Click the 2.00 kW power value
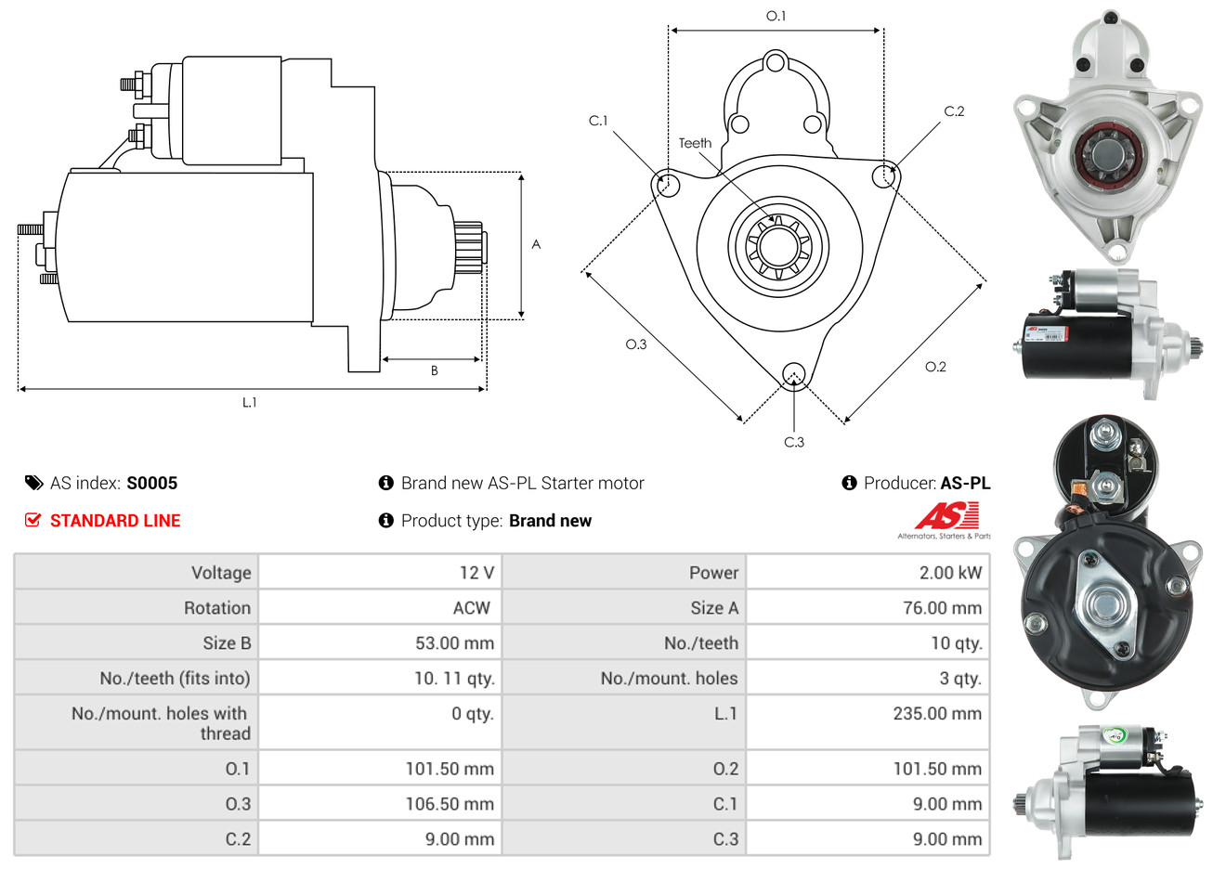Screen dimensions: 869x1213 (950, 573)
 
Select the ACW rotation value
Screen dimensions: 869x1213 (471, 608)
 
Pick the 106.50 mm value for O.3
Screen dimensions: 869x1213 (450, 804)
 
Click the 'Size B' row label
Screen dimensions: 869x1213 (227, 643)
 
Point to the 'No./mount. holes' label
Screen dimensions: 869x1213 (669, 679)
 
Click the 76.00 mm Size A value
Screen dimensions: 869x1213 (942, 608)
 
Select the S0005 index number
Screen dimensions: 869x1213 (151, 483)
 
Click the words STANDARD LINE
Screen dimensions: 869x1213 (115, 521)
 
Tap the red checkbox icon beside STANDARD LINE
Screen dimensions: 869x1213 (33, 520)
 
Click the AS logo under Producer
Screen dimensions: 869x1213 (946, 516)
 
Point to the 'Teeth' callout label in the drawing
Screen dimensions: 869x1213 (695, 143)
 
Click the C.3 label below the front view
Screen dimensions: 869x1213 (794, 442)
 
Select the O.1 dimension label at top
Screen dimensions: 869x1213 (776, 16)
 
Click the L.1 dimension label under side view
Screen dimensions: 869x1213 (250, 402)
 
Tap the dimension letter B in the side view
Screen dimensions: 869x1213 (434, 370)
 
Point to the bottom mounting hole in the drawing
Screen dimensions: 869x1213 (793, 374)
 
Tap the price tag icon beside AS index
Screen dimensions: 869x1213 (33, 483)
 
